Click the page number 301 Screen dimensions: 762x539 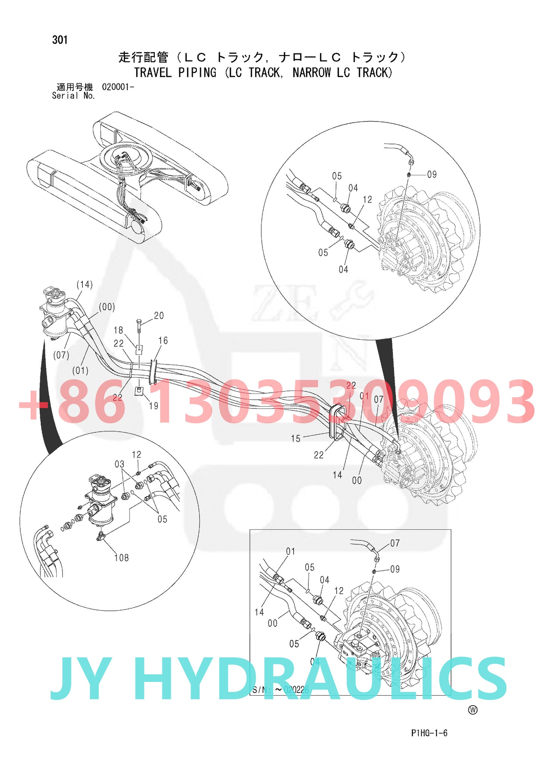pyautogui.click(x=60, y=40)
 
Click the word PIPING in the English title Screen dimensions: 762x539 pyautogui.click(x=197, y=72)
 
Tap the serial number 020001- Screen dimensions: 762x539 pyautogui.click(x=118, y=87)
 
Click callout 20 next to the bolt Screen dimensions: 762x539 pyautogui.click(x=159, y=316)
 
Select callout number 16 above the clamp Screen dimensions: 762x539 pyautogui.click(x=163, y=341)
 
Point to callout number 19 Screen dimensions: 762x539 pyautogui.click(x=154, y=406)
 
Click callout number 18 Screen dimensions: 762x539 pyautogui.click(x=118, y=330)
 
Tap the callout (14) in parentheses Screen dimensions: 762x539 pyautogui.click(x=85, y=285)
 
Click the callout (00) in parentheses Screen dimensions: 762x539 pyautogui.click(x=107, y=307)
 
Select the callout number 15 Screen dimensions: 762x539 pyautogui.click(x=296, y=439)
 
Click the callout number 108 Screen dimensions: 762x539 pyautogui.click(x=122, y=558)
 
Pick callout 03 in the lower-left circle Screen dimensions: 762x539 pyautogui.click(x=119, y=464)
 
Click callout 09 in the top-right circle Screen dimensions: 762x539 pyautogui.click(x=432, y=175)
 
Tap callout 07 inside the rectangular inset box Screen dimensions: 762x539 pyautogui.click(x=395, y=543)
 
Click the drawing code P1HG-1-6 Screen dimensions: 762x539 pyautogui.click(x=429, y=733)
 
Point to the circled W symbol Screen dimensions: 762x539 pyautogui.click(x=473, y=710)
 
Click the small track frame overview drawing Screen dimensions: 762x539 pyautogui.click(x=127, y=177)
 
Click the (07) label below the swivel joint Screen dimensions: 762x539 pyautogui.click(x=61, y=355)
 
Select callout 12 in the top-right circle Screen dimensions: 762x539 pyautogui.click(x=367, y=200)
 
